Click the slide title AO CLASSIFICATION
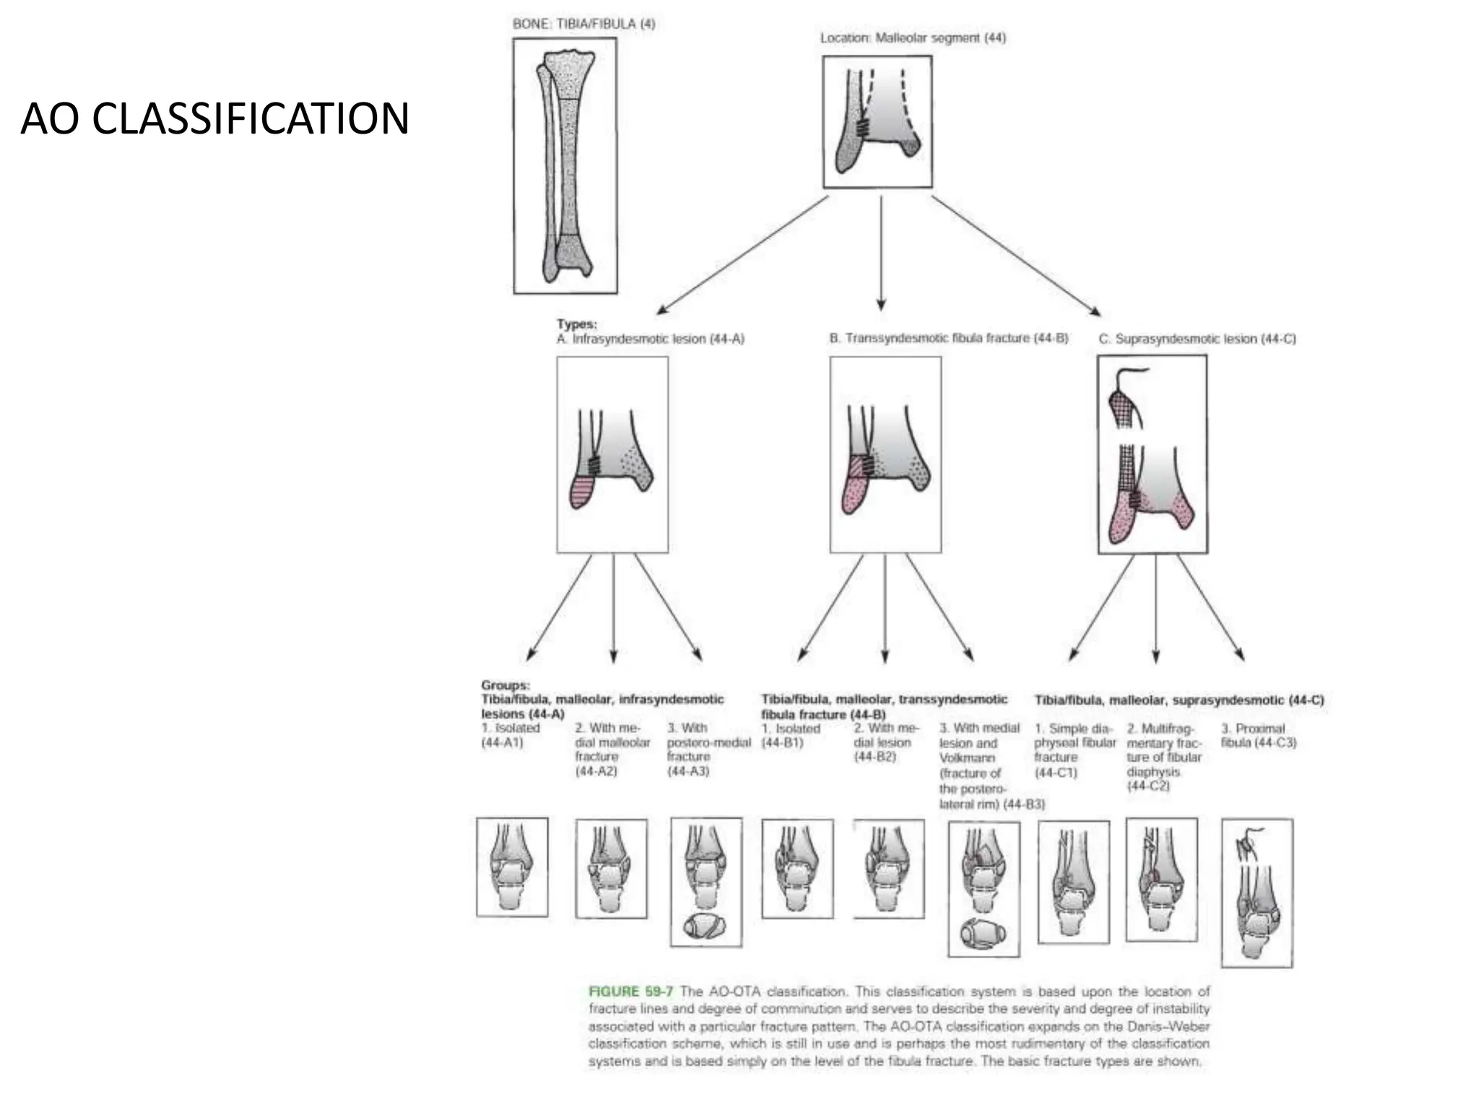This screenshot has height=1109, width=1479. coord(214,119)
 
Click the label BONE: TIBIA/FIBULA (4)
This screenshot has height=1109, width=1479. coord(584,24)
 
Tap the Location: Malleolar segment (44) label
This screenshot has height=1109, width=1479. coord(913,38)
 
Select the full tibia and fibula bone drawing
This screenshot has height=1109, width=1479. coord(565,166)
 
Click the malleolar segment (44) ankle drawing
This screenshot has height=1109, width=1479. coord(877,122)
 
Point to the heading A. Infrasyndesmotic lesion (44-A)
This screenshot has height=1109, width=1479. coord(650,339)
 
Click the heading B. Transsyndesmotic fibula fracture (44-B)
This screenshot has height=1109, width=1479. coord(948,338)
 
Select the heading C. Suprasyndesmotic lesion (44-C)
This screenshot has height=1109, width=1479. coord(1197,339)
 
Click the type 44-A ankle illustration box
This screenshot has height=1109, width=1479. coord(612,455)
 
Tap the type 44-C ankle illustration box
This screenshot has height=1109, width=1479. coord(1152,455)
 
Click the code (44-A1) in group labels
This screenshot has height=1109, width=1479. coord(502,742)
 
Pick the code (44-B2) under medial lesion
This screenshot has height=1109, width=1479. coord(875,756)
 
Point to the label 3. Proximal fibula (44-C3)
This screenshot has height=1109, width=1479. coord(1259,735)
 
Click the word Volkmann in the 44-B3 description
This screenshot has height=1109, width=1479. coord(966,757)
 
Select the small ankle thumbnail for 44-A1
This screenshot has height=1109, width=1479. coord(512,866)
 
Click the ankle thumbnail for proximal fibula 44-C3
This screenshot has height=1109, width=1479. coord(1257,893)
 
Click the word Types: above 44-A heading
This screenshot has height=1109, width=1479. coord(576,324)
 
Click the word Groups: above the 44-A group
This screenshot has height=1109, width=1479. coord(505,684)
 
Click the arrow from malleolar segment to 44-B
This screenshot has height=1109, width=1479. coord(880,253)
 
